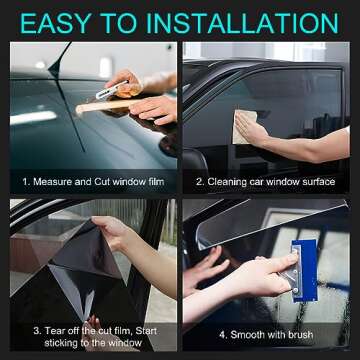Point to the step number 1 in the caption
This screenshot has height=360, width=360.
26,183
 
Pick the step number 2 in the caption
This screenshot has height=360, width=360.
198,183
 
